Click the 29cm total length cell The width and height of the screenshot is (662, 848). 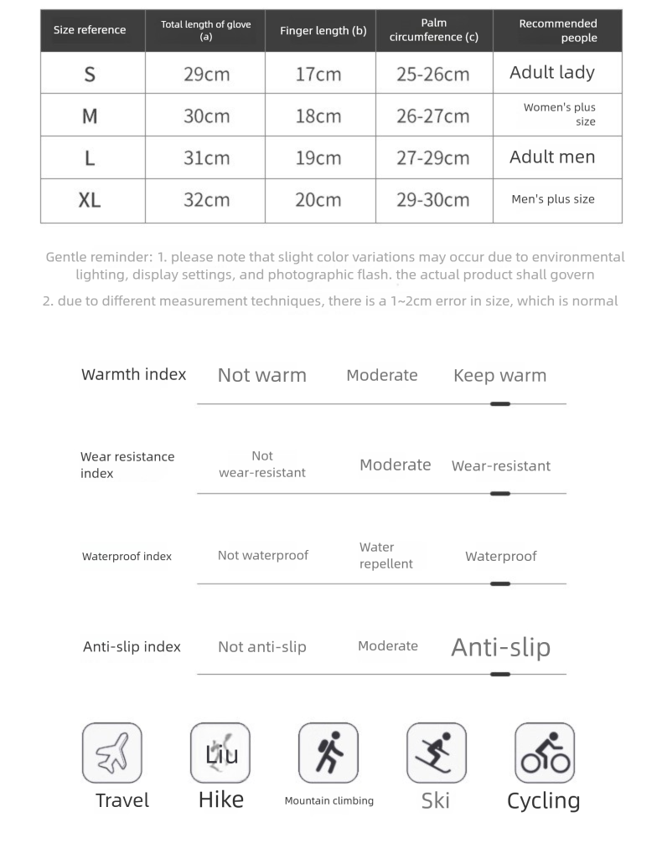coord(206,74)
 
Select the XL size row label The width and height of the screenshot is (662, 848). coord(90,200)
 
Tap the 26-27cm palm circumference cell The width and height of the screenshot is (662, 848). coord(432,116)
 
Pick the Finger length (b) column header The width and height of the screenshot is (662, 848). coord(323,31)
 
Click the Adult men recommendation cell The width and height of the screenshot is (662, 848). coord(552,157)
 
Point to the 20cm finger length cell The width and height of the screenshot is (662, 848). coord(318,200)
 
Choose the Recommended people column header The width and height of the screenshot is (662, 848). coord(558,31)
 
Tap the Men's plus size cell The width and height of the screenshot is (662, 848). coord(553,200)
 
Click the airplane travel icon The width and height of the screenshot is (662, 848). coord(112,753)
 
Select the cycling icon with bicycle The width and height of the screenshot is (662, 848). coord(545,753)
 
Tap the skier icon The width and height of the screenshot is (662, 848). coord(436,753)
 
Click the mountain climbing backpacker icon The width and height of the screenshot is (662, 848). coord(328,753)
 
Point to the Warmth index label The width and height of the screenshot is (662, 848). coord(134,375)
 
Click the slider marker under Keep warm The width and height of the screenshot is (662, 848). coord(500,404)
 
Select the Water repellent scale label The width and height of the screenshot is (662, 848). coord(386,556)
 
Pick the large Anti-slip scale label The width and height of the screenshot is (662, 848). coord(501,647)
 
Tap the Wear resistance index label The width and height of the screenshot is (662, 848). coord(127,465)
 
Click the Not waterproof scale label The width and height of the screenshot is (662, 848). coord(263,556)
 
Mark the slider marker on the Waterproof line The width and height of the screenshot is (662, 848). coord(500,584)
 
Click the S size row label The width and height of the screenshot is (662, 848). coord(90,74)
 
